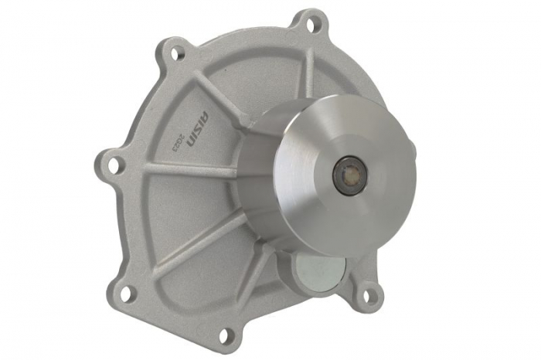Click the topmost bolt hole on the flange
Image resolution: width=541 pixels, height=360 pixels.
pos(311,24)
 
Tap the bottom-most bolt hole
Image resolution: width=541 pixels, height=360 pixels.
pos(225,335)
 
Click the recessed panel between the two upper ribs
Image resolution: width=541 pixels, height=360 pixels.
pos(263,70)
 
